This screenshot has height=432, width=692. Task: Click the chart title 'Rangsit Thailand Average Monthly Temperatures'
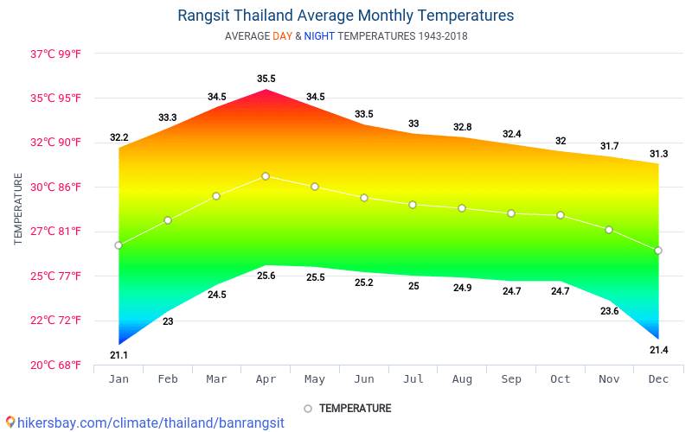coord(345,16)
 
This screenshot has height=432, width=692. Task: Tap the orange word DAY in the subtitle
coord(282,36)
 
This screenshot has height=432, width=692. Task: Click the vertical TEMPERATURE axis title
coord(18,208)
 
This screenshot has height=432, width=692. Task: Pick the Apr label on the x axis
coord(266,379)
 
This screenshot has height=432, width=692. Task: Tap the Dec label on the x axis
coord(658,379)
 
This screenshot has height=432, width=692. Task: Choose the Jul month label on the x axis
coord(413,379)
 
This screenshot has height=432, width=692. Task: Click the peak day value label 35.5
coord(266,79)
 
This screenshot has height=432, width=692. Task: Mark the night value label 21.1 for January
coord(119,355)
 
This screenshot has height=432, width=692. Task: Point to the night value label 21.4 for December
coord(658,350)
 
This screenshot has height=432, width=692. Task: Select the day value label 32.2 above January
coord(119,137)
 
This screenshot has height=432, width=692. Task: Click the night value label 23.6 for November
coord(609,311)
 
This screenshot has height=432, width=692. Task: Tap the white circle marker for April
coord(266,176)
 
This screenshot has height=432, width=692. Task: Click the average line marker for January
coord(119,245)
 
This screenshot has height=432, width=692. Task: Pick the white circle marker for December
coord(658,251)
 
